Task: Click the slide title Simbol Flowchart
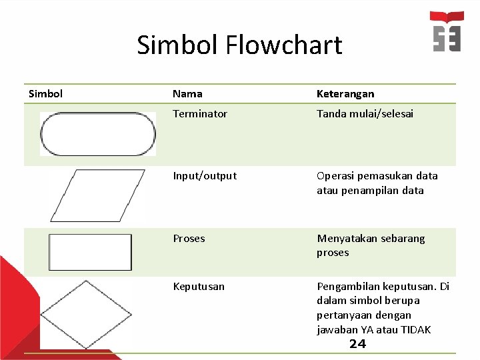point(239,45)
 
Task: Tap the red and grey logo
point(447,31)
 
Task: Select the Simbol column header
point(46,93)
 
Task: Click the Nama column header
point(187,94)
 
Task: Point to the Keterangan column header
point(345,94)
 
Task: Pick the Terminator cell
point(200,114)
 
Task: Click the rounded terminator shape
point(98,134)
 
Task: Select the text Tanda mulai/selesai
point(365,114)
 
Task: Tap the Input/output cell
point(205,176)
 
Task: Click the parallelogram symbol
point(97,195)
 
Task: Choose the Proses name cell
point(189,239)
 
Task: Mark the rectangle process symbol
point(91,252)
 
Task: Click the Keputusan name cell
point(199,287)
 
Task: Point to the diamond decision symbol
point(86,314)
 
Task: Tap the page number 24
point(358,344)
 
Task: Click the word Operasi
point(336,176)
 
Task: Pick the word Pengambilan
point(349,287)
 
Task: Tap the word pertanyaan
point(345,315)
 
